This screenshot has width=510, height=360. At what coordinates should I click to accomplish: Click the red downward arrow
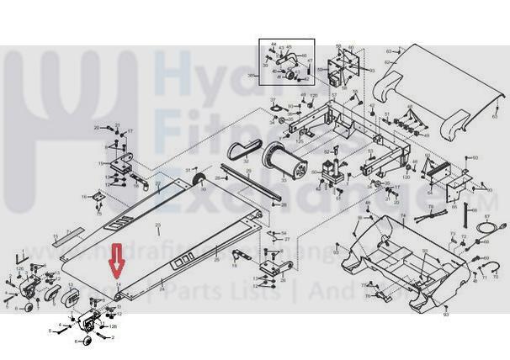coord(118,262)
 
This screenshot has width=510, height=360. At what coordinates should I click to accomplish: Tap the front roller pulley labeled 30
coord(195,183)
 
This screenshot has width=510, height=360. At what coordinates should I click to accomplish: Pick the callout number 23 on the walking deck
coord(157,226)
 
